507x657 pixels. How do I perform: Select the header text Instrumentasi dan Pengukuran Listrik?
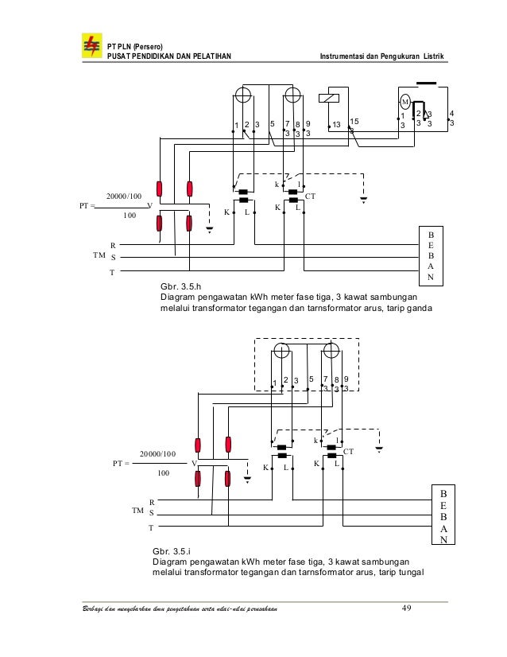(x=381, y=56)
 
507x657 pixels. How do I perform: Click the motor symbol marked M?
(x=404, y=102)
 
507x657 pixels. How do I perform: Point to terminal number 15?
(x=354, y=121)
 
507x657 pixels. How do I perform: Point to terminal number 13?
(x=336, y=125)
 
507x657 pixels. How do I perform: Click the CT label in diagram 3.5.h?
(x=311, y=195)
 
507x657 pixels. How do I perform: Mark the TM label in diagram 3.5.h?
(x=99, y=255)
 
